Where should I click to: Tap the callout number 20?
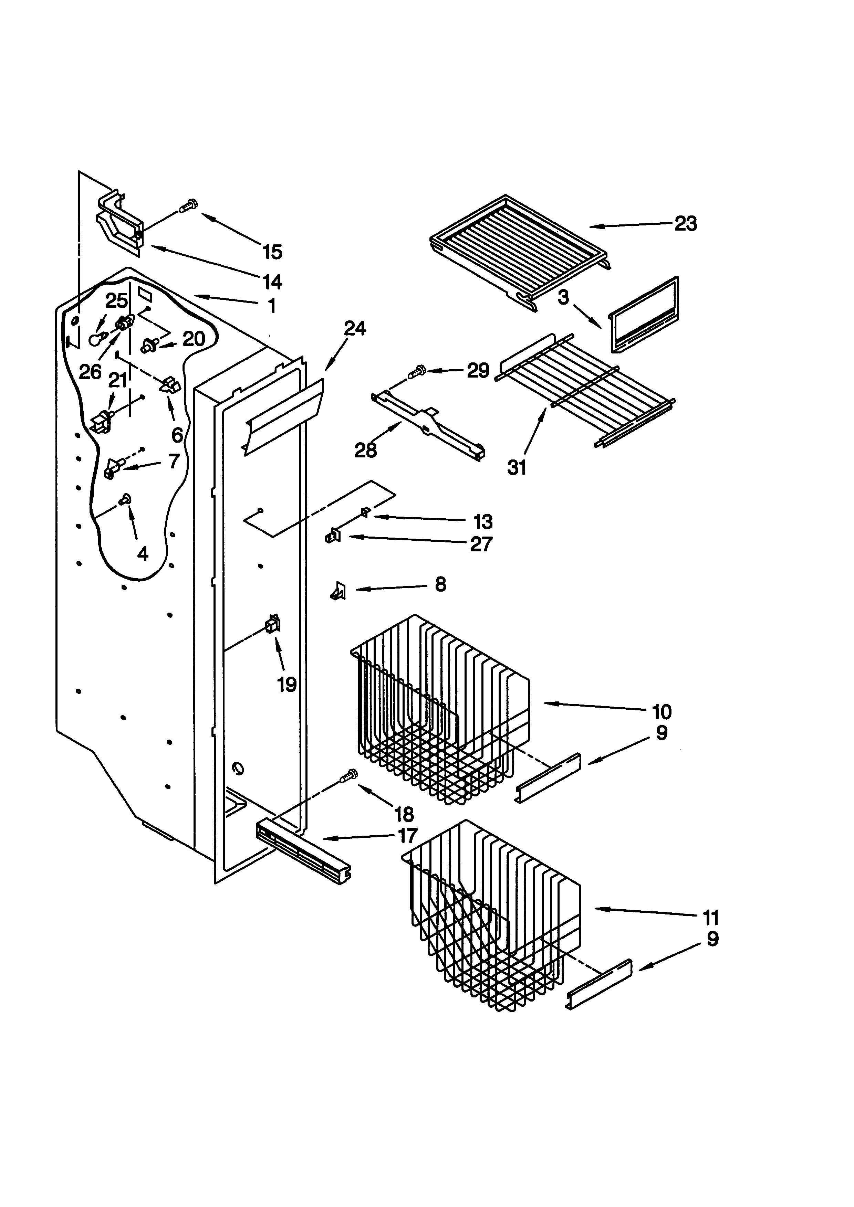pos(194,339)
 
